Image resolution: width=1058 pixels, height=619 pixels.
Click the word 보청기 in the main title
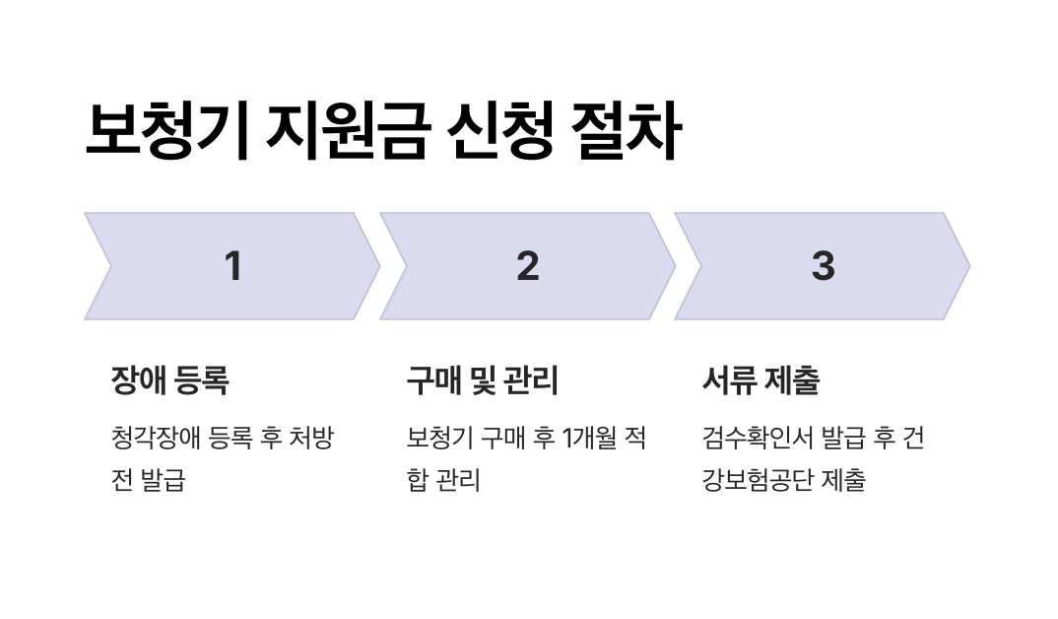167,132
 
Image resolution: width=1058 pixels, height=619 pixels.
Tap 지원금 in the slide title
348,132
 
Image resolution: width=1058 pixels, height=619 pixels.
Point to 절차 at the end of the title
628,132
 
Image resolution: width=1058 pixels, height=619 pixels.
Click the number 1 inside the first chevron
232,266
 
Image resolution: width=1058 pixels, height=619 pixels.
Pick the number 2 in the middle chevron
528,266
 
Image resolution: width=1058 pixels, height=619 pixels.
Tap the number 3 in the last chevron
823,266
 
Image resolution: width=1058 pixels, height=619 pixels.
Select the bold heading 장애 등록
169,380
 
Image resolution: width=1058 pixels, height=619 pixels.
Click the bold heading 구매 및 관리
482,380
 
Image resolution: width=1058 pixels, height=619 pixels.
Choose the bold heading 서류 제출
760,380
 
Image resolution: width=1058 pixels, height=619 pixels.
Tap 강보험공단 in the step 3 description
759,481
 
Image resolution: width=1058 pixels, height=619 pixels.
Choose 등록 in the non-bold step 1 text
232,438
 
